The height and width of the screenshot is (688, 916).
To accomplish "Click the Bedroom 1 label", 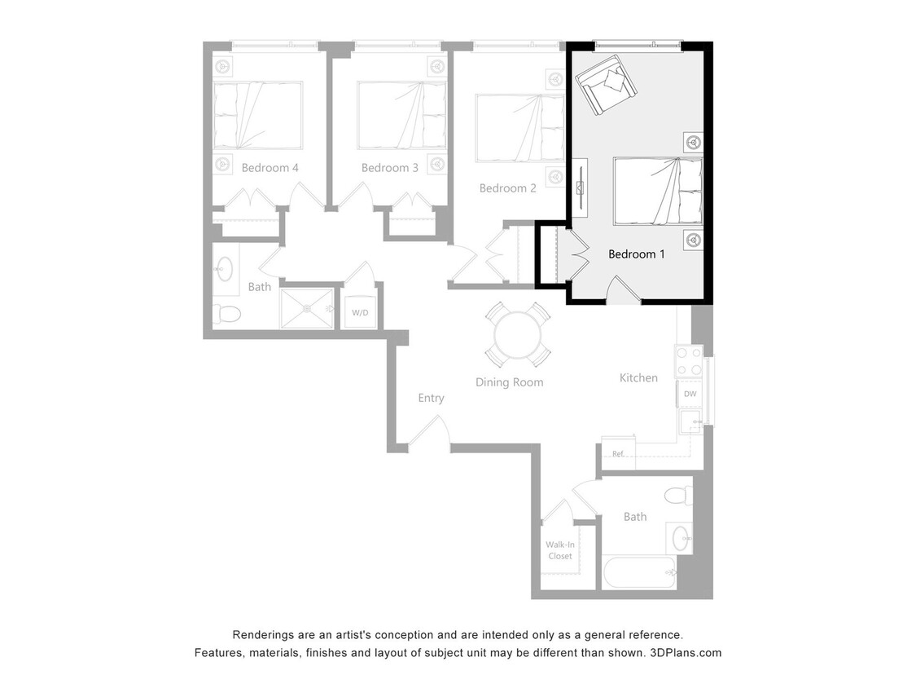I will [x=637, y=254].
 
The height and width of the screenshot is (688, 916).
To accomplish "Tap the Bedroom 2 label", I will [x=507, y=188].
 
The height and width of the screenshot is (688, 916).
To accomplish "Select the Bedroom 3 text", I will [x=390, y=168].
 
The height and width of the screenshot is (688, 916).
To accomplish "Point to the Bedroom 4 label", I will [x=270, y=168].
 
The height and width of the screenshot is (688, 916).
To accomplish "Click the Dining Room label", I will [x=510, y=382].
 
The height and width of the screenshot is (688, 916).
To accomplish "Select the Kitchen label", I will [x=638, y=377].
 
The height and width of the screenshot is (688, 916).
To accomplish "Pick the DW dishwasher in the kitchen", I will [x=690, y=395].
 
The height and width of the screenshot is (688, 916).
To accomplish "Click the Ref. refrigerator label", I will [x=618, y=454].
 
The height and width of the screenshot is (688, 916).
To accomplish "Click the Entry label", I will [x=431, y=398].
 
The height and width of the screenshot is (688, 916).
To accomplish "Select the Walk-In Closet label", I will [x=559, y=551].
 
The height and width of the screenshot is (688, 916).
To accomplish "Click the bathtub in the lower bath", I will [x=639, y=573].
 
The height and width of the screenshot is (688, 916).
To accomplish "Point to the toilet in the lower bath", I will [x=677, y=495].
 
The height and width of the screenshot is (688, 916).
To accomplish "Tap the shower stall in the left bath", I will [x=306, y=309].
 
